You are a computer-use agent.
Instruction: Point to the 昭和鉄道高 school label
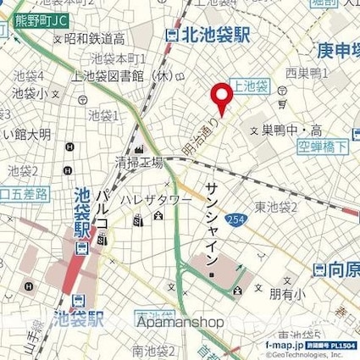(x=94, y=39)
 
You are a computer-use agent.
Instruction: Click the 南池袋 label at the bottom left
(x=151, y=348)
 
